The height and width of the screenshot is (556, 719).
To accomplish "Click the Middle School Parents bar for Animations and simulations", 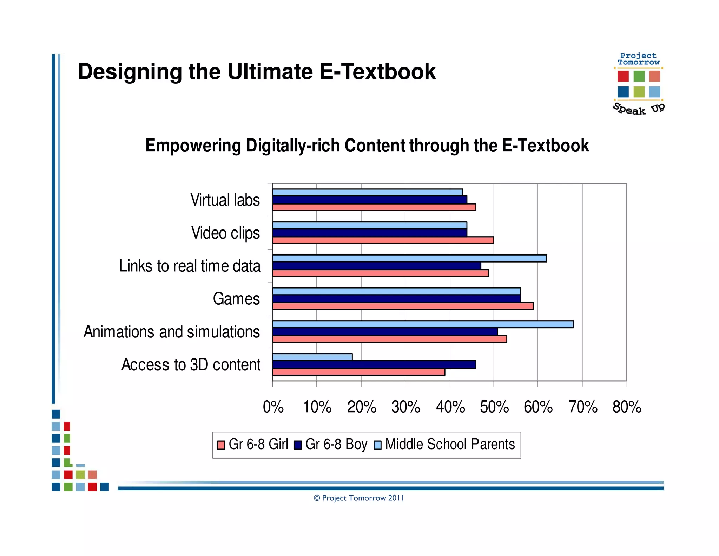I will point(423,324).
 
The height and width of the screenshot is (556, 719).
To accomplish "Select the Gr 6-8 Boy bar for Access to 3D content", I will point(374,364).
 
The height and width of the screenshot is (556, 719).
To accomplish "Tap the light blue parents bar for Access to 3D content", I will point(312,357).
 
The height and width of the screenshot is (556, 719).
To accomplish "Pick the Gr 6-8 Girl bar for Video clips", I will point(383,240).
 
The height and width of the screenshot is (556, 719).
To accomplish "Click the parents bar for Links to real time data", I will point(409,258).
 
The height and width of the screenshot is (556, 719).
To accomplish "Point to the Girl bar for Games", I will point(403,306).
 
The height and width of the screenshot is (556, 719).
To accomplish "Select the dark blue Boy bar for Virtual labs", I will point(369,200).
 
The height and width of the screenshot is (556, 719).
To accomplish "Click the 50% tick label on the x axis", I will point(494,407).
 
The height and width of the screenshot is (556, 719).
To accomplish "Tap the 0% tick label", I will point(273,407).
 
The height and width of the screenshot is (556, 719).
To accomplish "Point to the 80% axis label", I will point(627,407).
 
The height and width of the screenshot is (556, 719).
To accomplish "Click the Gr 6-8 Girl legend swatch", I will point(221,445).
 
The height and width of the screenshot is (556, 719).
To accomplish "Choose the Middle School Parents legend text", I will point(450,444).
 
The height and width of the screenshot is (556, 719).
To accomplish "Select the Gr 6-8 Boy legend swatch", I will point(298,445).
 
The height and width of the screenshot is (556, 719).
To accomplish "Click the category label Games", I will point(236,299).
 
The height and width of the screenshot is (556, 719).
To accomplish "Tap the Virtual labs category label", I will point(225,200).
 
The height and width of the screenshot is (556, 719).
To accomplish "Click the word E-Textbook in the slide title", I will point(377,72).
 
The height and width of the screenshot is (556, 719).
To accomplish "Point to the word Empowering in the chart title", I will point(193,146).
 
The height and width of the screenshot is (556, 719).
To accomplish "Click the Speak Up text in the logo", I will point(638,109).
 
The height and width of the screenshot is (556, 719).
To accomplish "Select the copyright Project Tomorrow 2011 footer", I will point(359,498).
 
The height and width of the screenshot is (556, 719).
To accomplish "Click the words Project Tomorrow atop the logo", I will point(638,59).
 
